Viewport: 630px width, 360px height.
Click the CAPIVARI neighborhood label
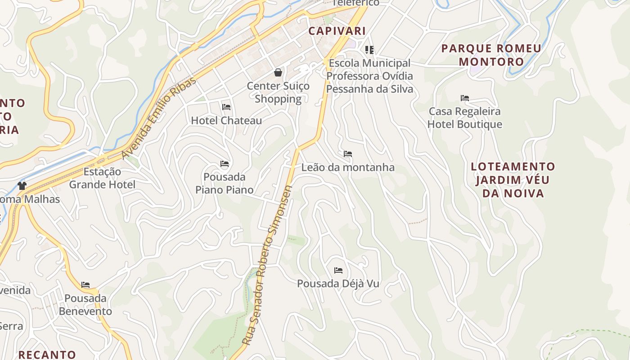[x=337, y=31]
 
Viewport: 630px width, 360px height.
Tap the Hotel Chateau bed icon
[x=226, y=107]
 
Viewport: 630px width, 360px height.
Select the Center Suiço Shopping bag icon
[x=278, y=72]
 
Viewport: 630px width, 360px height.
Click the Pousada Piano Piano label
[x=225, y=183]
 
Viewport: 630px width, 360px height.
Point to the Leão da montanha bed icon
[x=347, y=154]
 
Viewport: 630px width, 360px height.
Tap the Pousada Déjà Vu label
[x=338, y=284]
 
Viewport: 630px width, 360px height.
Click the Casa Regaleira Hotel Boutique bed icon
[x=465, y=98]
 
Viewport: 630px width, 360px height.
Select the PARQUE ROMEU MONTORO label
[x=491, y=55]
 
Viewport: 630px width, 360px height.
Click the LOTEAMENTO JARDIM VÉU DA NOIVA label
[x=513, y=180]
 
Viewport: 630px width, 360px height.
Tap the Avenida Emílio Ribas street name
[x=159, y=118]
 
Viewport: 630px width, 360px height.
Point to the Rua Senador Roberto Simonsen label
[x=267, y=265]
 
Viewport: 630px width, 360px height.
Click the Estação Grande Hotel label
[x=102, y=178]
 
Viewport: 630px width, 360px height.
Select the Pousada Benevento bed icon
[x=85, y=285]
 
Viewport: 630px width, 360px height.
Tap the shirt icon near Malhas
[x=22, y=186]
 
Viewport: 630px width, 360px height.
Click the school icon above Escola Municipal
[x=369, y=50]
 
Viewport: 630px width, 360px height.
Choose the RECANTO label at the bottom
[x=47, y=355]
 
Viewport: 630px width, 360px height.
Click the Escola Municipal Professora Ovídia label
[x=369, y=76]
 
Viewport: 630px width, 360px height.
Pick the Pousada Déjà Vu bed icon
[x=338, y=270]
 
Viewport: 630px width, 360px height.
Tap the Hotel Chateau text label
[x=226, y=121]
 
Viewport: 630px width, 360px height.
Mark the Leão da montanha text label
[x=348, y=167]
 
